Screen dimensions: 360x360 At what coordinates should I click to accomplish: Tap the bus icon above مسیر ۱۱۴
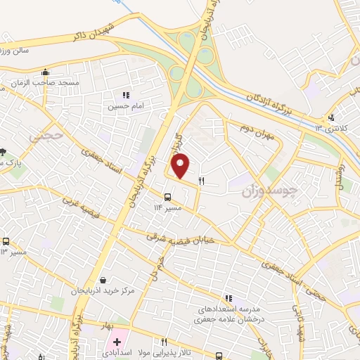(167, 197)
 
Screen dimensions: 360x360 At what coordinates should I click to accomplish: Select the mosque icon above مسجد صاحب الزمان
(46, 72)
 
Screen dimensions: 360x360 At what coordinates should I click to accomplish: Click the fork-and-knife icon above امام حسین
(126, 95)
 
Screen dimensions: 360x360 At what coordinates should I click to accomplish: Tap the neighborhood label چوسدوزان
(270, 190)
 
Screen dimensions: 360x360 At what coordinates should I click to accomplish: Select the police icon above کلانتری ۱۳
(331, 117)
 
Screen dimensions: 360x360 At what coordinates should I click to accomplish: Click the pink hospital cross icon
(117, 341)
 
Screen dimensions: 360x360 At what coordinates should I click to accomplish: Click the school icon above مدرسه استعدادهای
(228, 299)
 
